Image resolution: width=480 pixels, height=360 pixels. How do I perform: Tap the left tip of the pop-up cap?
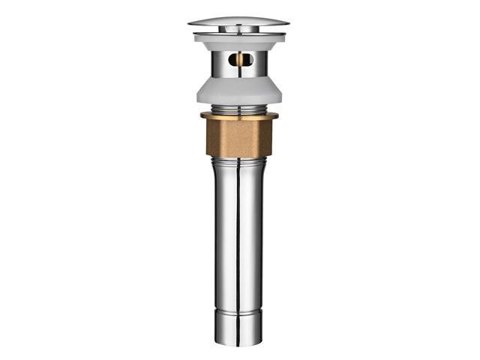[190, 23]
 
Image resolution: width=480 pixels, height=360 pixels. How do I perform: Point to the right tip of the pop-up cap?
[288, 23]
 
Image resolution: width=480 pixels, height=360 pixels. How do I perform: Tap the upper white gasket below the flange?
[238, 38]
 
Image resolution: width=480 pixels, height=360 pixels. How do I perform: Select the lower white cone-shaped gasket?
[238, 91]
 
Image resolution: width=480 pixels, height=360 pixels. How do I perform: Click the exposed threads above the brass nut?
[238, 109]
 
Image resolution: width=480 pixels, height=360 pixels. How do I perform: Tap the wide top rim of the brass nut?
[238, 115]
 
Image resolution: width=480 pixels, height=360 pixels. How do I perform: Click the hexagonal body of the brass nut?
[238, 136]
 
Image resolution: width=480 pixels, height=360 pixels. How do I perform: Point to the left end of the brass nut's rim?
[202, 115]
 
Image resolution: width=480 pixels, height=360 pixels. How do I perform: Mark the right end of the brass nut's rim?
[277, 115]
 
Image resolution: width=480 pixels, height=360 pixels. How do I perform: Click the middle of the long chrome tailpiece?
[238, 240]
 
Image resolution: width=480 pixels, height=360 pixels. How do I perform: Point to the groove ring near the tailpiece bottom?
[238, 309]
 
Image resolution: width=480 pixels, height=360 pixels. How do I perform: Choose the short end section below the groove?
[238, 326]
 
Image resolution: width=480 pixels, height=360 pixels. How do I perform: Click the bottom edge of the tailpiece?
[238, 343]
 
